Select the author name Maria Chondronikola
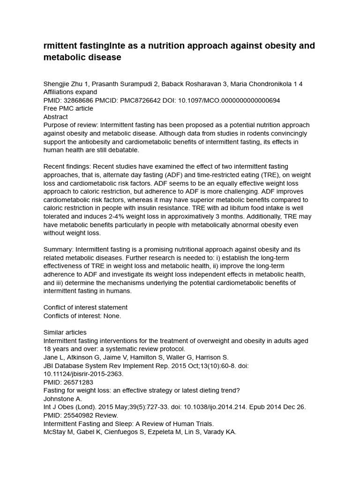pos(255,84)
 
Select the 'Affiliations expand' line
pos(70,92)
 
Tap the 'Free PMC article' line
pos(68,108)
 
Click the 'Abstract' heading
pos(55,117)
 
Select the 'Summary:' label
pos(58,249)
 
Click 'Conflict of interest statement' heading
pos(85,307)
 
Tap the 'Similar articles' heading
pos(65,332)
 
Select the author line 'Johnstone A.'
pos(62,399)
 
